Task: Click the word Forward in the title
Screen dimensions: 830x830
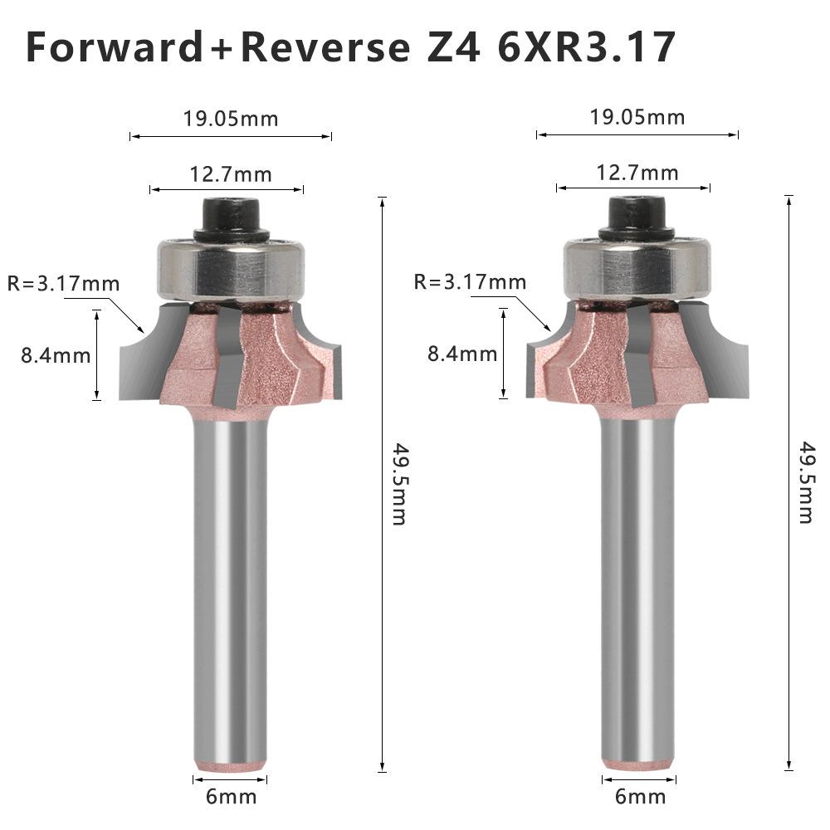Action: click(114, 48)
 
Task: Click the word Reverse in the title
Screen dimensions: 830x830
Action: click(325, 48)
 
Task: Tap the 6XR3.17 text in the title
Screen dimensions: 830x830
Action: click(586, 48)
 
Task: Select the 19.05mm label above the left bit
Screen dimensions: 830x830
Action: click(231, 118)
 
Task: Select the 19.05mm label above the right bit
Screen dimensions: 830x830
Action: click(637, 117)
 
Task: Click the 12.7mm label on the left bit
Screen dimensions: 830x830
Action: click(231, 173)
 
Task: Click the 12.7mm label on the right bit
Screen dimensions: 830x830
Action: click(637, 173)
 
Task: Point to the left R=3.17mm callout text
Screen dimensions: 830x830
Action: click(63, 284)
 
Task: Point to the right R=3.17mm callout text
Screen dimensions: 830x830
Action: click(470, 282)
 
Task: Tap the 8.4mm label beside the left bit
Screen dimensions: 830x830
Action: click(56, 356)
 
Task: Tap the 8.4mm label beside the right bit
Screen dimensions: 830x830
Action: click(462, 354)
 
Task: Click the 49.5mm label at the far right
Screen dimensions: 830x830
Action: click(806, 485)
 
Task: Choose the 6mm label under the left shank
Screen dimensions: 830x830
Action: click(231, 798)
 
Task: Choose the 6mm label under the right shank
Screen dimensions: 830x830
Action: click(639, 798)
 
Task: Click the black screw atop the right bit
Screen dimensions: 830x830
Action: click(638, 216)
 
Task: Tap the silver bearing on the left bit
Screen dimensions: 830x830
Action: click(232, 267)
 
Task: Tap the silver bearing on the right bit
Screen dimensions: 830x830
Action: click(638, 266)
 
